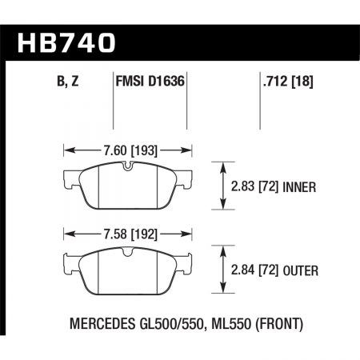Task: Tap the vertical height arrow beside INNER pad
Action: point(222,186)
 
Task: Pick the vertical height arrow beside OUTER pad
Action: point(222,272)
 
